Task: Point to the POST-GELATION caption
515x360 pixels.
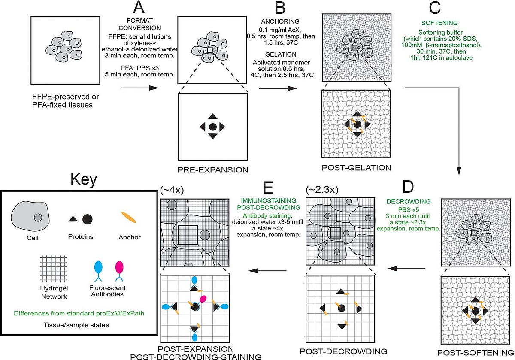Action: pos(356,167)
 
